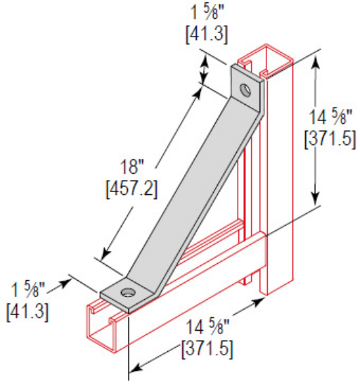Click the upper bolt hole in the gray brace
pyautogui.click(x=245, y=90)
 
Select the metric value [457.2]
pyautogui.click(x=131, y=189)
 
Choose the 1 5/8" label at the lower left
pyautogui.click(x=26, y=289)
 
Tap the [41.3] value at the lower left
pyautogui.click(x=26, y=310)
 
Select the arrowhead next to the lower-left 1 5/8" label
pyautogui.click(x=72, y=281)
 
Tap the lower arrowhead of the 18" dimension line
pyautogui.click(x=106, y=255)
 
